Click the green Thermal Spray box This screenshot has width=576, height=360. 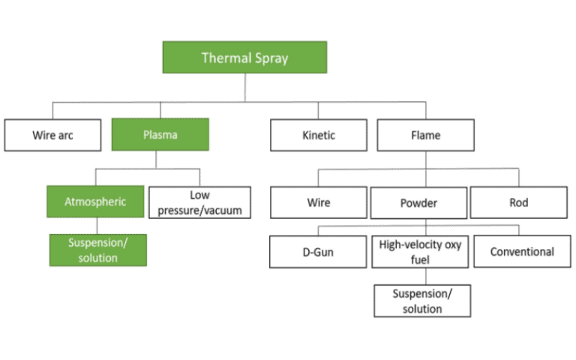244,57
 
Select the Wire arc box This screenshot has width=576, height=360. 52,136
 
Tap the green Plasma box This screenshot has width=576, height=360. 160,136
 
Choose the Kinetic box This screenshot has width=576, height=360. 319,136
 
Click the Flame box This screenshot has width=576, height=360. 425,136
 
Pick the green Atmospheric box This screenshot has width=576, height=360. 95,202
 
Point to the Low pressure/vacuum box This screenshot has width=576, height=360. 199,202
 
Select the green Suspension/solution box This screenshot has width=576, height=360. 97,250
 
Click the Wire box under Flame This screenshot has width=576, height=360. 318,202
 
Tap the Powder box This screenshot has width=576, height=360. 418,202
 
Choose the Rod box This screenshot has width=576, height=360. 518,202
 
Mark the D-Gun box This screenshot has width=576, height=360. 319,252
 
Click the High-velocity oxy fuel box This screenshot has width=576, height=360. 420,252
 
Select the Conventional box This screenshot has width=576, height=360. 521,252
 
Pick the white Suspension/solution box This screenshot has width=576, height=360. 422,301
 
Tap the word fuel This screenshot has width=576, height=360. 420,259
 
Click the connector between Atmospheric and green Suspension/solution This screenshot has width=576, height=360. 97,226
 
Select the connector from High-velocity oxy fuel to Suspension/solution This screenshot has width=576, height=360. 422,276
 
